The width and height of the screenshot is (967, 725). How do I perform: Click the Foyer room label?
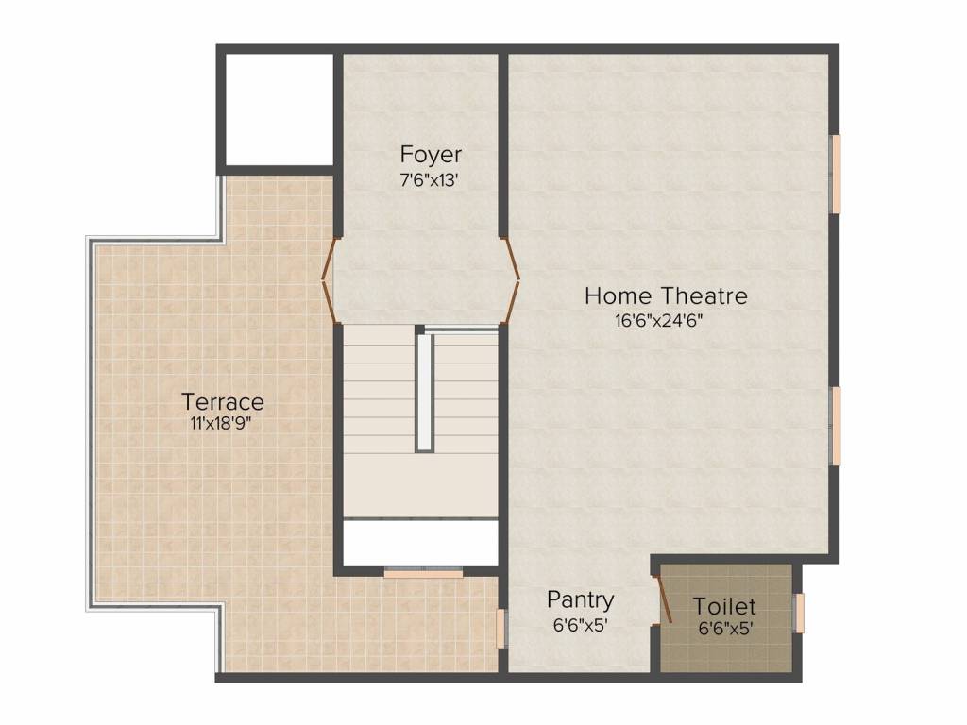point(431,155)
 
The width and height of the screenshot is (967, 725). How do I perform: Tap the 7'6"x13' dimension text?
point(430,180)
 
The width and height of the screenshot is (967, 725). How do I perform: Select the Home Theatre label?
point(666,295)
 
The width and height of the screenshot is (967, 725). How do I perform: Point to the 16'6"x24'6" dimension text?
point(658,321)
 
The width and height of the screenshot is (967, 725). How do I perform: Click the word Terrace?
point(223,402)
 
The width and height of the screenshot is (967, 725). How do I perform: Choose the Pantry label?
point(581,600)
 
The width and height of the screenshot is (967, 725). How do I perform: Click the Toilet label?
point(724,606)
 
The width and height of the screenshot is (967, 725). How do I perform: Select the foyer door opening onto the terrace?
point(329,280)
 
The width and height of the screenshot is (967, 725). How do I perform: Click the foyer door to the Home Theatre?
point(511,280)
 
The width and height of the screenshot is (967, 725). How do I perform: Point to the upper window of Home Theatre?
point(836,174)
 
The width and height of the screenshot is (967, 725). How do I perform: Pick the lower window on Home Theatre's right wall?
point(836,426)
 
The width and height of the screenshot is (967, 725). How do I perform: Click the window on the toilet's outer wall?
point(799,613)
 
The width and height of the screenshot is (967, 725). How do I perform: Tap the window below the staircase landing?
point(423,573)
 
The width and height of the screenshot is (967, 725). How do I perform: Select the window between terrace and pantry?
point(501,629)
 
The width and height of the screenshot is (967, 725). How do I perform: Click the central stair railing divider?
point(424,392)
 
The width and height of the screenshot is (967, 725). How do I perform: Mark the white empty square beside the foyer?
point(280,110)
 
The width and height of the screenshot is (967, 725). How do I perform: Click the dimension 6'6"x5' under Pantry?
point(581,626)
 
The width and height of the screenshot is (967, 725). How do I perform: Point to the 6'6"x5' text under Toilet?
point(724,629)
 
